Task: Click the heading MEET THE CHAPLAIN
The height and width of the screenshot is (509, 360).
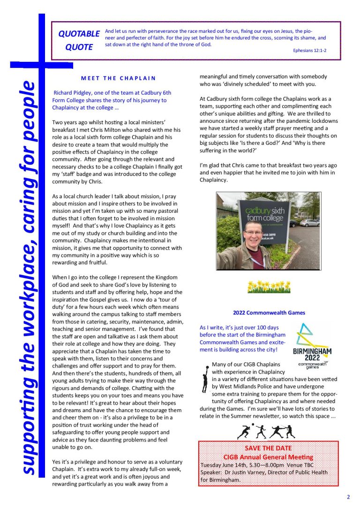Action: (118, 78)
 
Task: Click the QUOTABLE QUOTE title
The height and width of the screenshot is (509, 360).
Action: (79, 40)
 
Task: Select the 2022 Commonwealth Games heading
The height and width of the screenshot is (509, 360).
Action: (269, 313)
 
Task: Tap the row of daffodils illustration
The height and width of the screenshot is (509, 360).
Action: (269, 286)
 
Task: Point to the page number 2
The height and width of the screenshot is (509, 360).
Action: (348, 497)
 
